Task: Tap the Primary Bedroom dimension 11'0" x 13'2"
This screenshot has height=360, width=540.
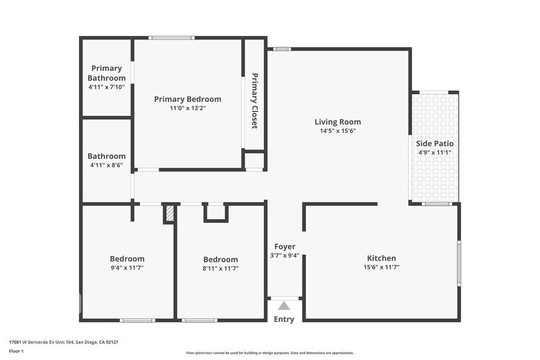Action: (x=187, y=108)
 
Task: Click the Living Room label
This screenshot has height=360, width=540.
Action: (x=337, y=122)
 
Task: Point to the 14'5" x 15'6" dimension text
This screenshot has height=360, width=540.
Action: (x=337, y=130)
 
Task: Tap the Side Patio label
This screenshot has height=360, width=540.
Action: (x=435, y=143)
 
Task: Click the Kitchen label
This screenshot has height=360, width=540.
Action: (x=381, y=258)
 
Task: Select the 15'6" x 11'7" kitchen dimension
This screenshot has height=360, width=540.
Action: (x=381, y=267)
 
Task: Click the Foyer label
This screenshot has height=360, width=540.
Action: (x=284, y=247)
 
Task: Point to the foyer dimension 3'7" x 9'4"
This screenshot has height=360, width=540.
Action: (x=284, y=255)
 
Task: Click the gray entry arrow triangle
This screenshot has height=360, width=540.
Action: (x=284, y=306)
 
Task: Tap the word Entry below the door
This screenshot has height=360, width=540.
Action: (x=284, y=319)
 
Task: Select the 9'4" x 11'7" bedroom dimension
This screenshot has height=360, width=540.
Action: (x=127, y=268)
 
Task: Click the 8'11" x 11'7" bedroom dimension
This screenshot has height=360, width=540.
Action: (x=220, y=268)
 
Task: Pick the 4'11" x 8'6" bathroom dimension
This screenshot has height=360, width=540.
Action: (x=107, y=165)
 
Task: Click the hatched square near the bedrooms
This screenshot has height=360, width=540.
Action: (x=170, y=214)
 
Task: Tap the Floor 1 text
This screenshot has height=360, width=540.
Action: (x=16, y=351)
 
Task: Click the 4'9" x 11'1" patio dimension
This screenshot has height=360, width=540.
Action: (x=435, y=152)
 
